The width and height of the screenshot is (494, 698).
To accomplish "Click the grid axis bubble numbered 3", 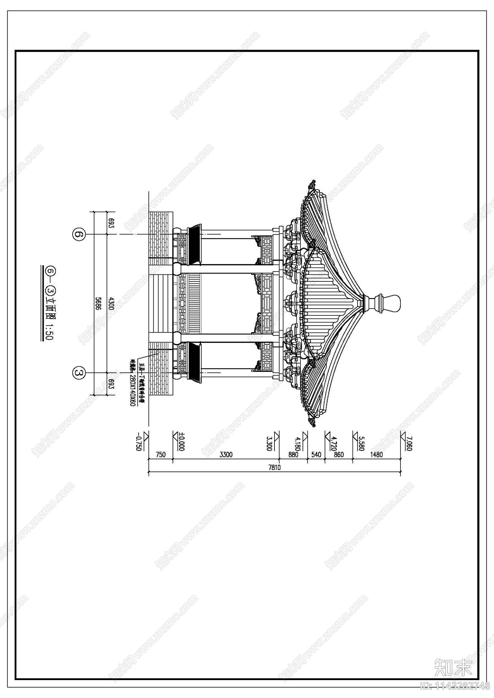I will pos(78,372).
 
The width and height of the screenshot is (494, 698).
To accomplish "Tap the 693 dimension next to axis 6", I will pos(111,223).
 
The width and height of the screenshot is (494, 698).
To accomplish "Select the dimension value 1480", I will pos(376,455).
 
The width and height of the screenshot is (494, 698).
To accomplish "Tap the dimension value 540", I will pos(316,455).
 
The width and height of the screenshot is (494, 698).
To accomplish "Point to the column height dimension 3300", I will pos(226,455).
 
